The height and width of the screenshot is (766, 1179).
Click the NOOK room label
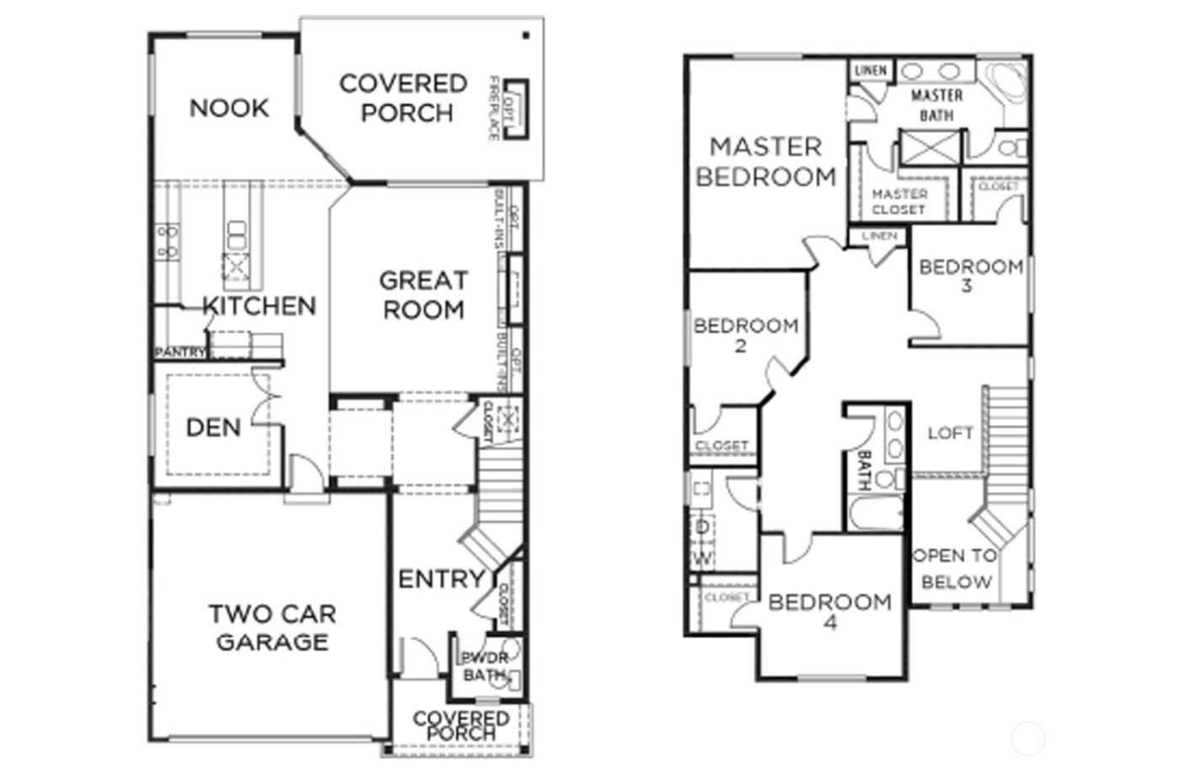[228, 108]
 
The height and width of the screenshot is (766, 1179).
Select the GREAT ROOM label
[423, 295]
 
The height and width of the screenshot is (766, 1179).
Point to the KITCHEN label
[259, 306]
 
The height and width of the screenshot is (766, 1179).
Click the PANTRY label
[179, 352]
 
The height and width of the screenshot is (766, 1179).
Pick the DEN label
[213, 428]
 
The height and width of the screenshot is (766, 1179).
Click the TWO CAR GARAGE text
[272, 628]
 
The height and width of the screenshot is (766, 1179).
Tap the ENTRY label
[440, 579]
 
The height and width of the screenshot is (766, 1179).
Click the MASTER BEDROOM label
[766, 162]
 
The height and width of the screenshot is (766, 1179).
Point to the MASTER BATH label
[936, 105]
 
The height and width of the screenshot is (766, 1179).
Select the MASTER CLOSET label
[899, 201]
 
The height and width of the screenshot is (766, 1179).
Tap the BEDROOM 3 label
[970, 275]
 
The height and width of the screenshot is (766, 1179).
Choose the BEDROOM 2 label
[744, 334]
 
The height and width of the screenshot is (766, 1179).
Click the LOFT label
[950, 433]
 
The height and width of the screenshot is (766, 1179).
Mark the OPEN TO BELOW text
[955, 568]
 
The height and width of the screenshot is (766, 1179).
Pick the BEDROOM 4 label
[830, 611]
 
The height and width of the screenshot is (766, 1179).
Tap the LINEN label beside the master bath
[870, 70]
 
